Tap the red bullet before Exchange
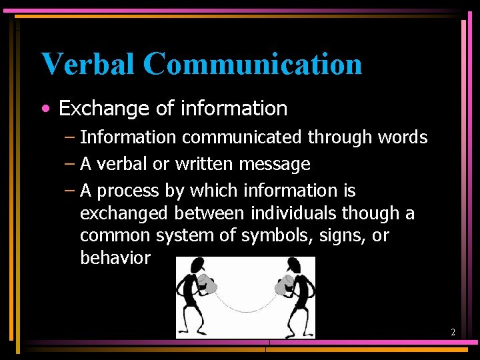pos(44,109)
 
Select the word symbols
pos(276,236)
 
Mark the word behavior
pos(115,258)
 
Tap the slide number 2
pos(453,332)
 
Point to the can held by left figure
pos(207,285)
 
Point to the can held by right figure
pos(284,285)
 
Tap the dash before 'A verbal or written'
pos(70,164)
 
